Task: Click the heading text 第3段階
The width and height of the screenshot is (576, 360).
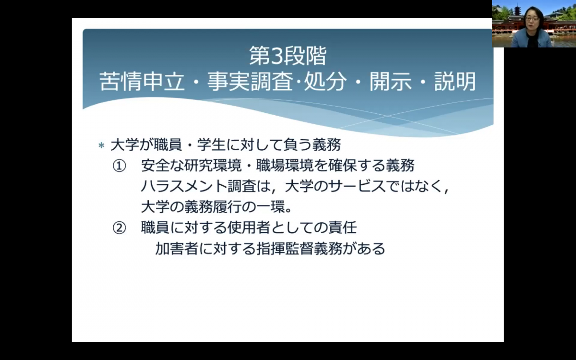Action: pyautogui.click(x=288, y=55)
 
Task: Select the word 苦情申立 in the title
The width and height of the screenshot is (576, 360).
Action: pyautogui.click(x=142, y=82)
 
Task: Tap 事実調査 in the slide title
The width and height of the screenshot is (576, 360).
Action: pyautogui.click(x=250, y=82)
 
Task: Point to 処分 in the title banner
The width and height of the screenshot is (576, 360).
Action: pyautogui.click(x=325, y=82)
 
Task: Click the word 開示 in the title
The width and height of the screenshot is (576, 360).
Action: pyautogui.click(x=391, y=82)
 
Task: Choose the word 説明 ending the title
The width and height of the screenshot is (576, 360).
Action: pyautogui.click(x=455, y=82)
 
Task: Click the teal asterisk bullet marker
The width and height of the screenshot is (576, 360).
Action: pyautogui.click(x=101, y=145)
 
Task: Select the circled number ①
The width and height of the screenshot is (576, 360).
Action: pyautogui.click(x=120, y=166)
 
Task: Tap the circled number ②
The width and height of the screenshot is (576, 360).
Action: pyautogui.click(x=120, y=228)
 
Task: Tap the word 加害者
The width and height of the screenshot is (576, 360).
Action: pyautogui.click(x=177, y=249)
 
